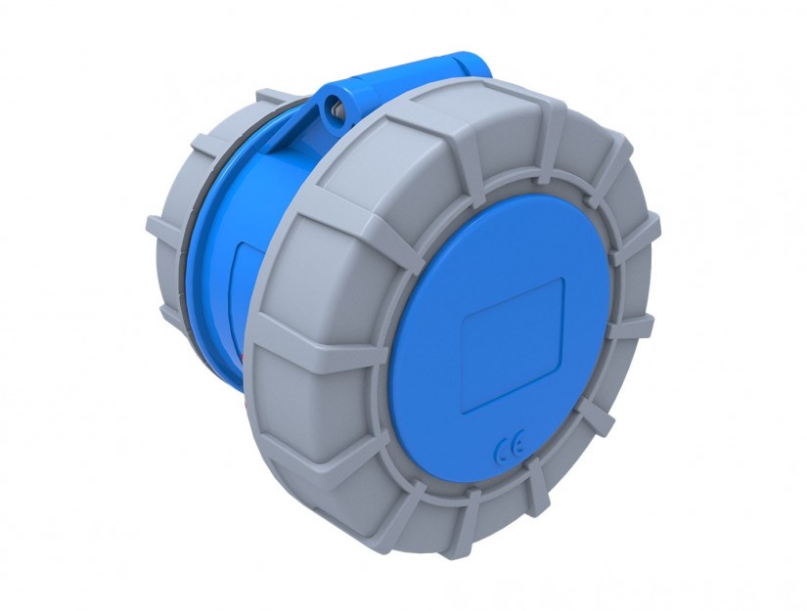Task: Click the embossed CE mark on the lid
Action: tap(509, 445)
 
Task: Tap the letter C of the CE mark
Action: tap(501, 451)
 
